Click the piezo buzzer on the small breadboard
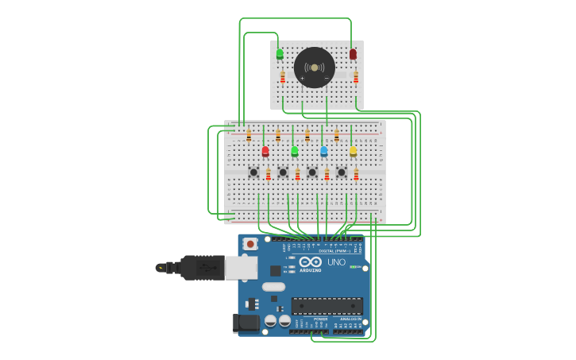click(315, 68)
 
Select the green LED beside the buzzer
click(280, 54)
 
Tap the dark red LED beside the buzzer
click(353, 54)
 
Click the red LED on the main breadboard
click(265, 150)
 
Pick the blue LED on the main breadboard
click(323, 150)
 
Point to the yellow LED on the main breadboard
click(353, 150)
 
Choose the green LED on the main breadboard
click(295, 150)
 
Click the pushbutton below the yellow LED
click(342, 172)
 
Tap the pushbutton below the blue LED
click(312, 172)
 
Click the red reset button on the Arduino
click(250, 244)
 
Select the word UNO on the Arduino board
click(337, 262)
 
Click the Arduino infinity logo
click(311, 261)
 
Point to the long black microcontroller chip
click(327, 306)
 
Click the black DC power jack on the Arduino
click(247, 323)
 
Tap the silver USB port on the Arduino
click(241, 268)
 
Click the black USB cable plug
click(202, 268)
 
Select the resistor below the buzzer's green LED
click(283, 77)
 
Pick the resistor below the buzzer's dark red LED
click(356, 77)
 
